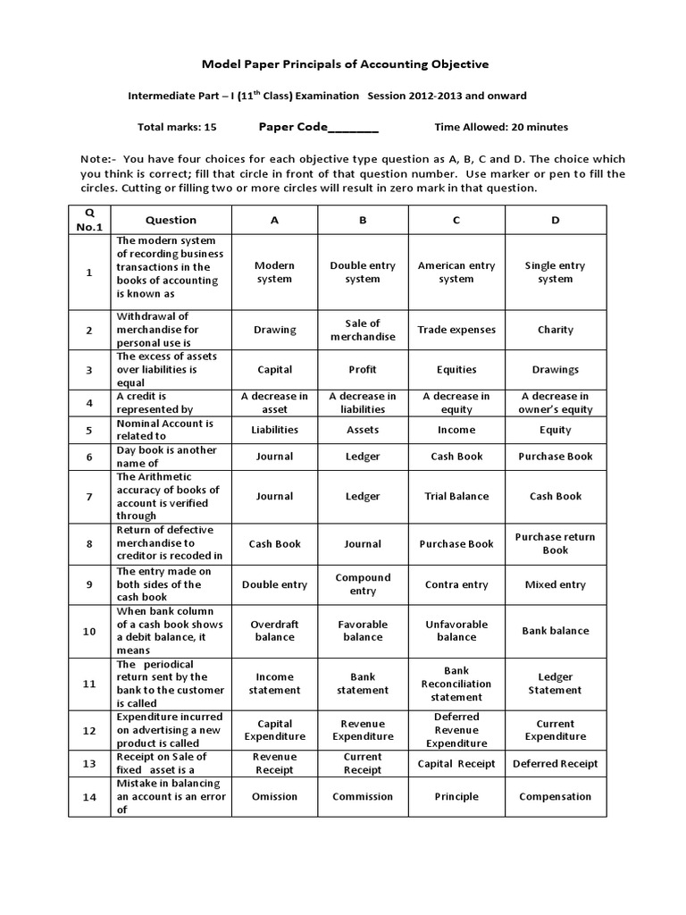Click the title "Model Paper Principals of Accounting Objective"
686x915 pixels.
346,64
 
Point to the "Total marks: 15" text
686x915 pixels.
177,127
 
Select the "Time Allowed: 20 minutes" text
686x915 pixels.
501,127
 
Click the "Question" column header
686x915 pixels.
171,220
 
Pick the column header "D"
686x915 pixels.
555,220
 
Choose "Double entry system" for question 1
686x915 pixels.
363,272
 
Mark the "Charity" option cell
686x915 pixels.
555,330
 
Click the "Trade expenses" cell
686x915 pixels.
456,330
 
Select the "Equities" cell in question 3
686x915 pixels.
456,369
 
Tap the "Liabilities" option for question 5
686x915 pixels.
274,430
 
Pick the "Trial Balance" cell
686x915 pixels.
456,496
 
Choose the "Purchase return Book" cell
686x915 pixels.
555,543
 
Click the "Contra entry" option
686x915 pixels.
456,584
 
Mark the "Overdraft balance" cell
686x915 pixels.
274,630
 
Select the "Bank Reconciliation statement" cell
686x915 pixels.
456,684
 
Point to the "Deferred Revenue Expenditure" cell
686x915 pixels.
456,730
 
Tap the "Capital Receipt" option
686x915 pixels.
456,764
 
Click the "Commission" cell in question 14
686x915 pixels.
363,796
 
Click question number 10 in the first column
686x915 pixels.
89,631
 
